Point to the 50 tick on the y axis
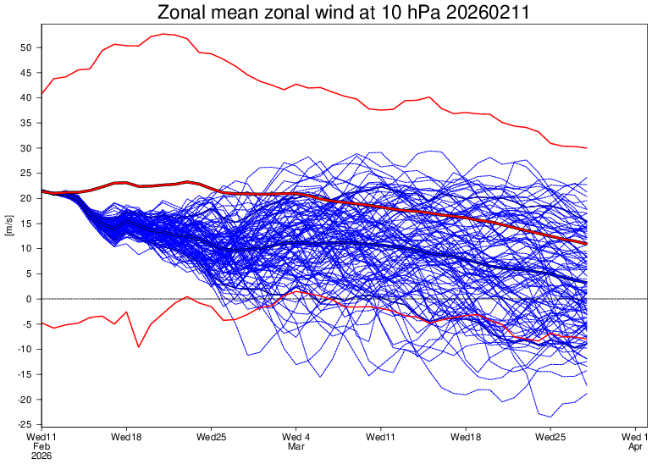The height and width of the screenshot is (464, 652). (x=26, y=47)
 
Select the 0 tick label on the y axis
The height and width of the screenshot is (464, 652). (x=29, y=299)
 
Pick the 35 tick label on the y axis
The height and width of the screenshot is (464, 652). (x=26, y=123)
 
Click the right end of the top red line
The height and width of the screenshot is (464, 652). (x=587, y=148)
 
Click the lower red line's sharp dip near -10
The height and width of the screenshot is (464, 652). (x=138, y=346)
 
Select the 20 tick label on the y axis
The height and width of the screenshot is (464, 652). (x=26, y=198)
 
